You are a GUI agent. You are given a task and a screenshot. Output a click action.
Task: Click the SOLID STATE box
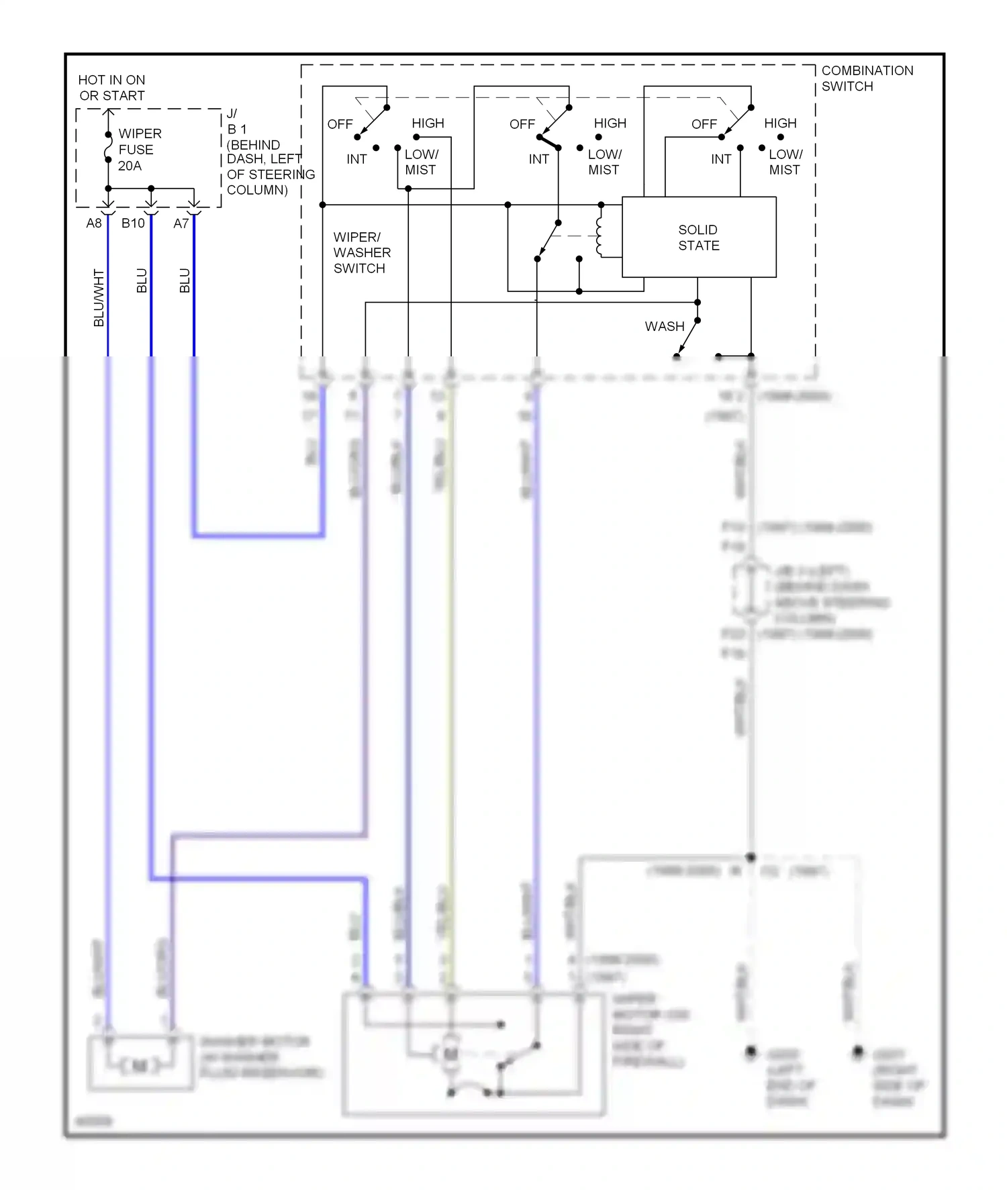tap(699, 238)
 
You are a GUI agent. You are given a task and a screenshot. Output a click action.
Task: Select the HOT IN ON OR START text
tap(111, 88)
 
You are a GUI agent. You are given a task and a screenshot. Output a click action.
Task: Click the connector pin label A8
tap(94, 224)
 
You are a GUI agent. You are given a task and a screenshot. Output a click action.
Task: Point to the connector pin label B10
tap(133, 224)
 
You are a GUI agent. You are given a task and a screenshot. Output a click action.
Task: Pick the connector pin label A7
tap(181, 224)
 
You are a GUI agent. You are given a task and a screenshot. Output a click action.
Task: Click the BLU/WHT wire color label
tap(99, 298)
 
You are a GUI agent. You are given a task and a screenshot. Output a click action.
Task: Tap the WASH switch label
tap(665, 327)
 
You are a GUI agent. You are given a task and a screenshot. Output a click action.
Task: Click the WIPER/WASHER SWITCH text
tap(361, 253)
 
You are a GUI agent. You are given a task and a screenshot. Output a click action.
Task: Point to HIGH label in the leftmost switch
tap(428, 123)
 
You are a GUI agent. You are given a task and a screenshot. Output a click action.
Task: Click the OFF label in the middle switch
tap(522, 124)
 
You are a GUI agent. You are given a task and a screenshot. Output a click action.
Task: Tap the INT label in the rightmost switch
tap(721, 160)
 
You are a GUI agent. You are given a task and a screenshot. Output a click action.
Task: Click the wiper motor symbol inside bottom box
tap(451, 1054)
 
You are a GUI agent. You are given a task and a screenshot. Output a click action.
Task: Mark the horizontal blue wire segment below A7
tap(258, 536)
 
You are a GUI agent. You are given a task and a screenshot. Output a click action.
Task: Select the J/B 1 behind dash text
tap(262, 152)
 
